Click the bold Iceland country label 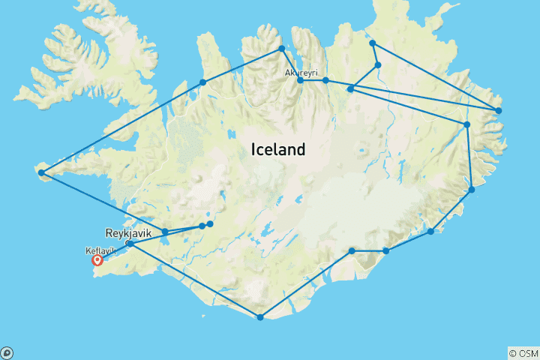point(277,149)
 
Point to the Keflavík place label point(100,252)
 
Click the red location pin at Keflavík point(97,260)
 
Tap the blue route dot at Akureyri point(300,79)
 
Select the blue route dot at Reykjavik point(130,244)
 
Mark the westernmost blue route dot point(41,173)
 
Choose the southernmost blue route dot point(260,317)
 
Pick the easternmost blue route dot point(499,111)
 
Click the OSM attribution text point(523,352)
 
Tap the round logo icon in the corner point(7,352)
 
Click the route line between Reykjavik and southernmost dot point(195,280)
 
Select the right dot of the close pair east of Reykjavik point(210,223)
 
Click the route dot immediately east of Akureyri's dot point(325,79)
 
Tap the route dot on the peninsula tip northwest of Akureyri point(281,49)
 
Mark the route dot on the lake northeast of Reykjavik point(165,231)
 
